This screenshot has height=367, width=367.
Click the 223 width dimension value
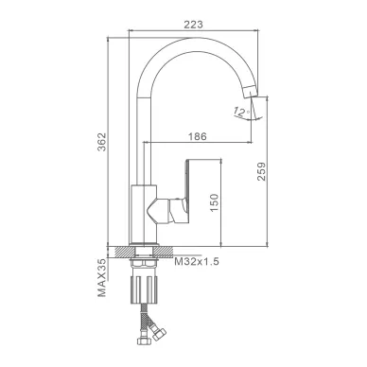click(193, 25)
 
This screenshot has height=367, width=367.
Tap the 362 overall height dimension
click(102, 142)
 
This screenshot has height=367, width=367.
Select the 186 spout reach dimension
click(198, 136)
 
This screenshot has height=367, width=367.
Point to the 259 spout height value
click(261, 171)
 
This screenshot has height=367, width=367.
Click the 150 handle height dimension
click(214, 202)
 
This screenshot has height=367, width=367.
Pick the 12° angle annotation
click(242, 112)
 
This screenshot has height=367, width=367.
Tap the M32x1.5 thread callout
click(197, 261)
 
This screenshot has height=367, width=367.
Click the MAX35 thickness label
click(102, 278)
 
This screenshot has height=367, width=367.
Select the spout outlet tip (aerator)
click(251, 89)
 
